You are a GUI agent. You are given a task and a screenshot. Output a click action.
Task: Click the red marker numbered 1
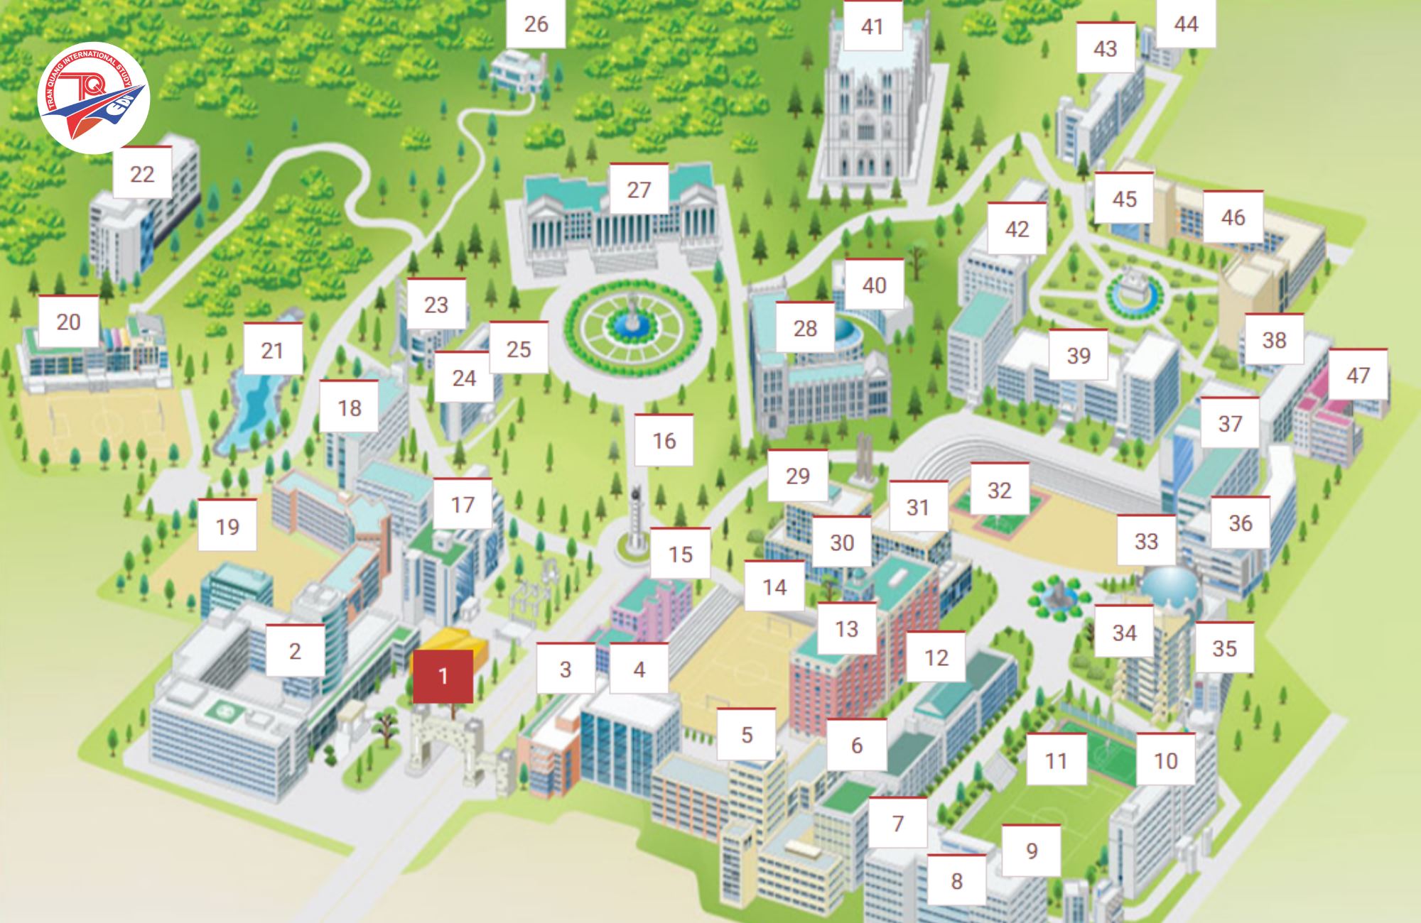443,675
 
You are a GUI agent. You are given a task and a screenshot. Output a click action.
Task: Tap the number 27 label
639,190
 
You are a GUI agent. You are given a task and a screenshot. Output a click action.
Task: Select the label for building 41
872,26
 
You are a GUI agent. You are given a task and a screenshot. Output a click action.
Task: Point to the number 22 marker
142,174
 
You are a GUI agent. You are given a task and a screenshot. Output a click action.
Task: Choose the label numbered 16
664,441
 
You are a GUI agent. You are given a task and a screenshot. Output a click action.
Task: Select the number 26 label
536,23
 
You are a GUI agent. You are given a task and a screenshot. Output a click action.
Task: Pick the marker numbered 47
1358,375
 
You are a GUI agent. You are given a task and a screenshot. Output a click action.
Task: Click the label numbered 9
1032,851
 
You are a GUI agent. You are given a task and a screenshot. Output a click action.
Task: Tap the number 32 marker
999,490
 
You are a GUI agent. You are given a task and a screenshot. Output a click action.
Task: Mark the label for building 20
68,322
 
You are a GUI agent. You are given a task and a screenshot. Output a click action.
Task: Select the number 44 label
1186,24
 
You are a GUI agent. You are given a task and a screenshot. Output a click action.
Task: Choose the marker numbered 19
227,527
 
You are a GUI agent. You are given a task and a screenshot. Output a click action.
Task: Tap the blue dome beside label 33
1165,582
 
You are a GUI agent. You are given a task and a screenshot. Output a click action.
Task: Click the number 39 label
1078,355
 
